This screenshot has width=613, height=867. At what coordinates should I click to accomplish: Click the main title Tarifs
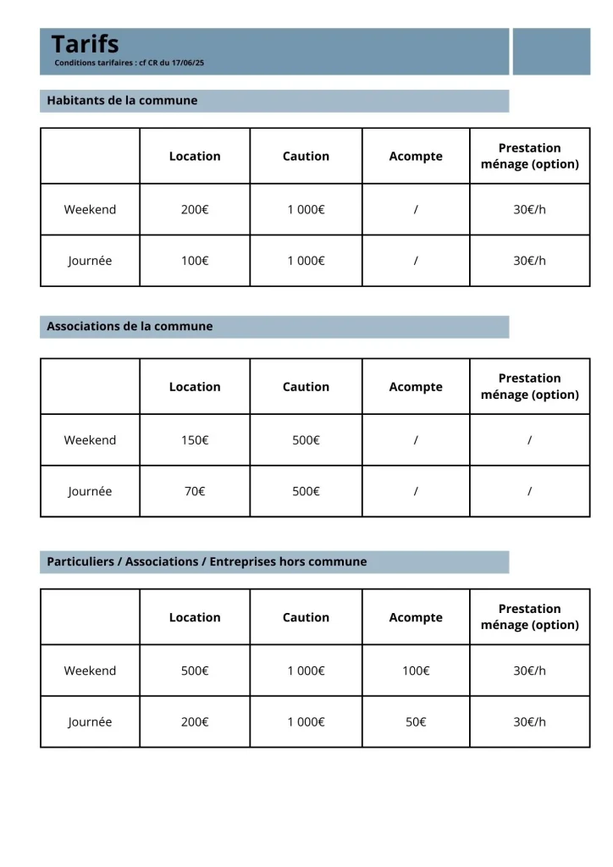point(85,44)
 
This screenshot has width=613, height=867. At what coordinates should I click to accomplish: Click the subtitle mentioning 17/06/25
point(129,64)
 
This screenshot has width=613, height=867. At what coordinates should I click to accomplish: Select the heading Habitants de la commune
point(122,101)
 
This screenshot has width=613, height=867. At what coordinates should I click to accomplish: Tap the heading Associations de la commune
point(130,327)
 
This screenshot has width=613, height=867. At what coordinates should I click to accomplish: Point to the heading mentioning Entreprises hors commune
point(207,562)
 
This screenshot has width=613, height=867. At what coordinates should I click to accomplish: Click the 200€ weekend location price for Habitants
point(195,210)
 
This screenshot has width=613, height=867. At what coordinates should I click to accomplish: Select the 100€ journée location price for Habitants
point(195,261)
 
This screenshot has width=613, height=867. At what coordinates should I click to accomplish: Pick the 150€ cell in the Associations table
point(195,440)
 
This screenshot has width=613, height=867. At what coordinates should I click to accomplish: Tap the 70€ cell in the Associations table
point(195,491)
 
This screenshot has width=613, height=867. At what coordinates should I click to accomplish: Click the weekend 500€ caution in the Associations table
point(306,440)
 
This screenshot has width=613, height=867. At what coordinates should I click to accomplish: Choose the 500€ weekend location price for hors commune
point(195,671)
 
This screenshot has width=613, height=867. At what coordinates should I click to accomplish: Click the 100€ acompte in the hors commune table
point(416,671)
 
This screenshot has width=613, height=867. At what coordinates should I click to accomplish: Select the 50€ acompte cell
point(416,722)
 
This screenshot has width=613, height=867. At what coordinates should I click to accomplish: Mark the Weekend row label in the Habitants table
point(90,210)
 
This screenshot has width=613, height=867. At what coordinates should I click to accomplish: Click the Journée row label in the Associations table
point(90,491)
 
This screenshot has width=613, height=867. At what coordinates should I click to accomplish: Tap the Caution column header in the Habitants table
point(306,157)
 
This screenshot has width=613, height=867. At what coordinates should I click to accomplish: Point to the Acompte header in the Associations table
point(416,387)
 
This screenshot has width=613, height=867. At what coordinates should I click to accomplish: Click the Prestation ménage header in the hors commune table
point(530,617)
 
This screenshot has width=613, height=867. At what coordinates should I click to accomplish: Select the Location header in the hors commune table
point(195,618)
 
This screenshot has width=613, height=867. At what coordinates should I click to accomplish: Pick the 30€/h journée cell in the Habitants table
point(530,261)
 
